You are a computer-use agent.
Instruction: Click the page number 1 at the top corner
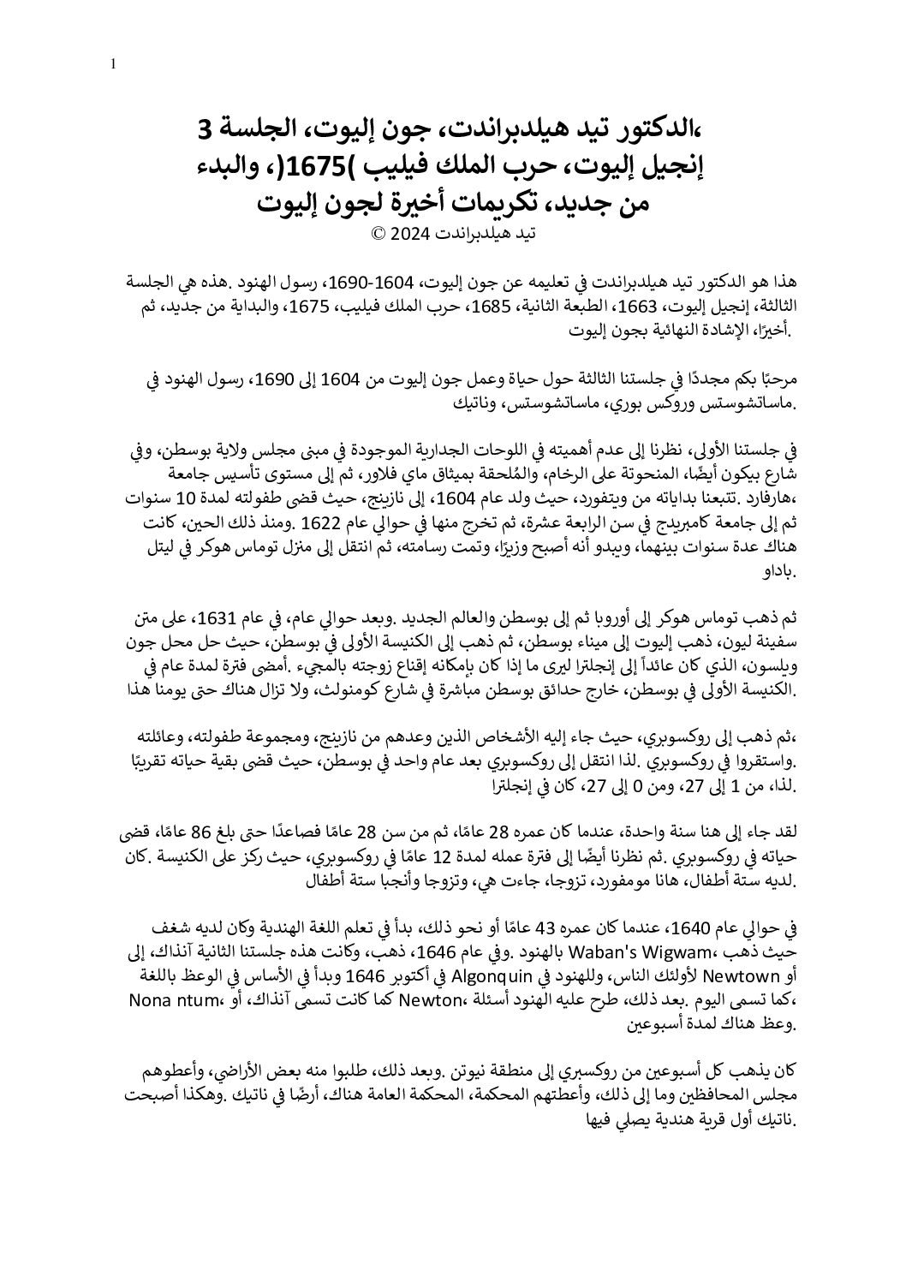point(113,63)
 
